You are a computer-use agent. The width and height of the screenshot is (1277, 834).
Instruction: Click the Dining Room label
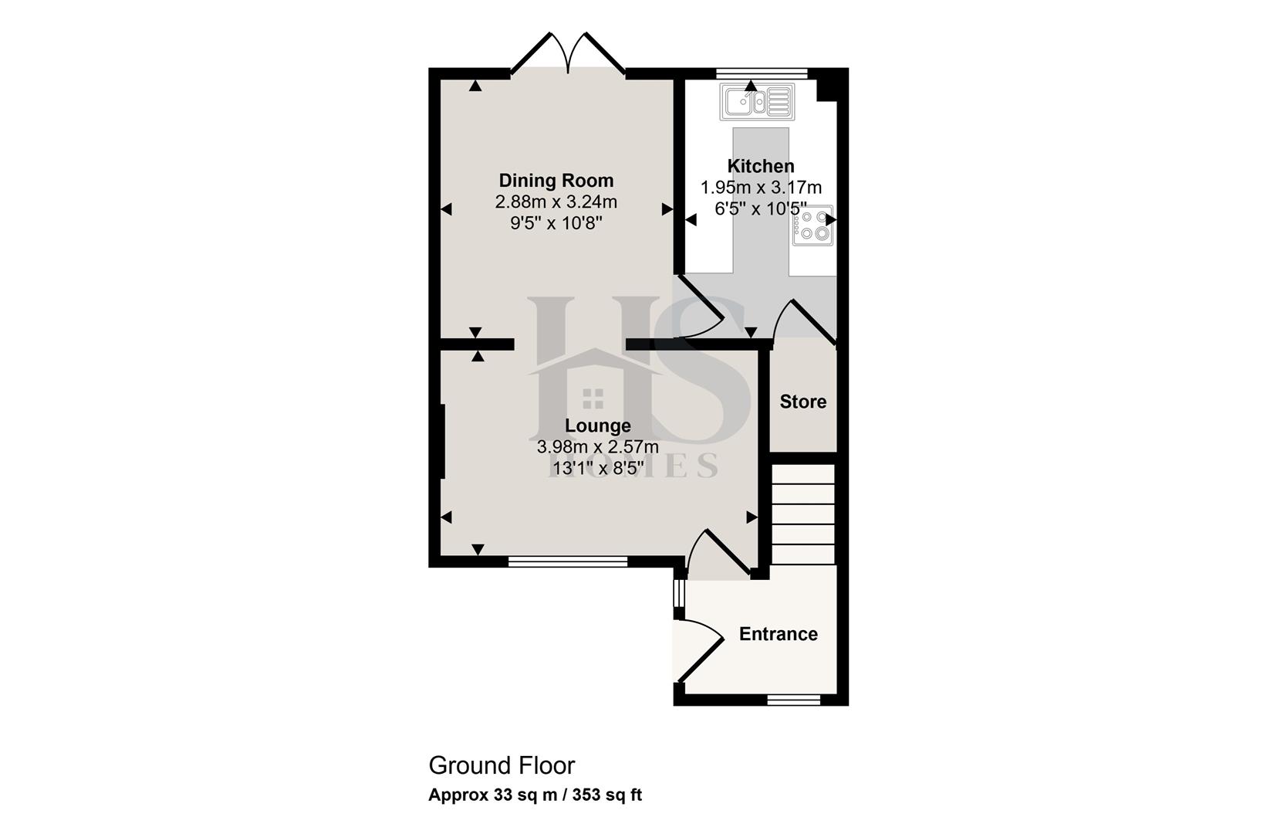coord(556,181)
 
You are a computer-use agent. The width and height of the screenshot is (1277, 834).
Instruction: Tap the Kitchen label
coord(760,166)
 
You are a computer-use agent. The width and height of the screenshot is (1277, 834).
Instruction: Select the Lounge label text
coord(597,425)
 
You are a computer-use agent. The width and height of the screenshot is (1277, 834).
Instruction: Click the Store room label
coord(802,402)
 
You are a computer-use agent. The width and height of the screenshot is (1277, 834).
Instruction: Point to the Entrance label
coord(778,634)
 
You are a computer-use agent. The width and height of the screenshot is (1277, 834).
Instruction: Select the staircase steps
coord(803,514)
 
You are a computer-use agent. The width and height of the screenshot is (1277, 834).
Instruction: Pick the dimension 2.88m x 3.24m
coord(556,202)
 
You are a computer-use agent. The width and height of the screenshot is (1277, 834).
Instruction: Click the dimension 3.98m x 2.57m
coord(597,447)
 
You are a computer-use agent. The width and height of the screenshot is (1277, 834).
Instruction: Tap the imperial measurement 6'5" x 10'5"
coord(760,209)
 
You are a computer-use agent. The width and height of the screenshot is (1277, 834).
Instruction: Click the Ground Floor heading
coord(502,765)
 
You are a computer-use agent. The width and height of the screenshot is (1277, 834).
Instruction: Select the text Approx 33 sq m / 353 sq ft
coord(535,795)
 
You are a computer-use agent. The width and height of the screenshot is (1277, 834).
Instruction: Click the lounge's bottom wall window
coord(568,562)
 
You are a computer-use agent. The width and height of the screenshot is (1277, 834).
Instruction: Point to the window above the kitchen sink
coord(761,73)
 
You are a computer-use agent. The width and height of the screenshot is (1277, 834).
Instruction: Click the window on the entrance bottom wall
coord(793,700)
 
